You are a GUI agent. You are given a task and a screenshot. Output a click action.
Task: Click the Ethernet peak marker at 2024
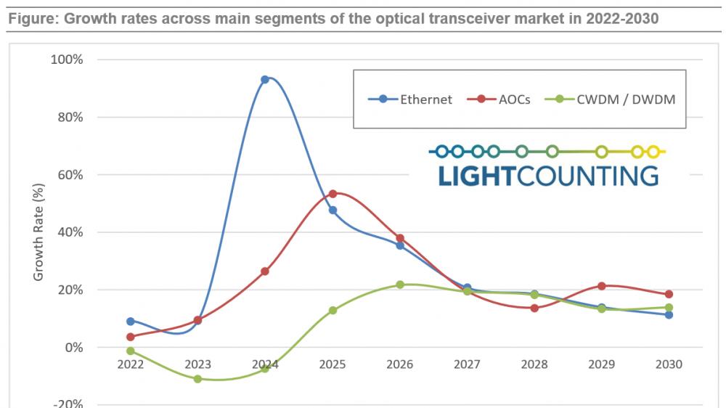265,79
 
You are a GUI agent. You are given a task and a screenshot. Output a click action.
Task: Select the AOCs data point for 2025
333,194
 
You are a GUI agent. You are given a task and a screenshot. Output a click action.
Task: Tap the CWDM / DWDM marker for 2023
197,378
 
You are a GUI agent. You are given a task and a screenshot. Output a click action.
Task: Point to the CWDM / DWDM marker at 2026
400,285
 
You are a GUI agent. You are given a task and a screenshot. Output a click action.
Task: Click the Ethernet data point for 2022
130,321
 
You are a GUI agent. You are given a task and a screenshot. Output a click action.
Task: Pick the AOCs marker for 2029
601,286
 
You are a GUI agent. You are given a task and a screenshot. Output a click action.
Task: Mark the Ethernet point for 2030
669,314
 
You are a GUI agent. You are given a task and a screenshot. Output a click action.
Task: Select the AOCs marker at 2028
534,308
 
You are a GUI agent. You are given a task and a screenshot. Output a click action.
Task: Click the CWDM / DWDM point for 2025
333,310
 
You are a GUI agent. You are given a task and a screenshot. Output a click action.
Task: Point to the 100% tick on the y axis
69,60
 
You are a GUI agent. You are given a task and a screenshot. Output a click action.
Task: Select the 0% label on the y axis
75,348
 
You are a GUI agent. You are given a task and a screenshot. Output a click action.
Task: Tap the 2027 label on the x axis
467,364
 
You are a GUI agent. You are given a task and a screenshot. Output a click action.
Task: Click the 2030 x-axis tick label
669,364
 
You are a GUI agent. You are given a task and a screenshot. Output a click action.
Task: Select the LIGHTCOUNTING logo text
548,175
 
